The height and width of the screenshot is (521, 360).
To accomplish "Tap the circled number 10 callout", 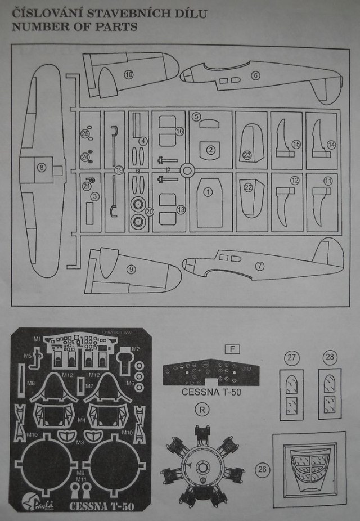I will (129, 74).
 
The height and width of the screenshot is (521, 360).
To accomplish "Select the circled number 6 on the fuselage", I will (255, 75).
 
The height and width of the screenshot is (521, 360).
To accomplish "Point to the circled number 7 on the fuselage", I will (259, 266).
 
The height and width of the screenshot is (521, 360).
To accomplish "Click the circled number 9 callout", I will (131, 270).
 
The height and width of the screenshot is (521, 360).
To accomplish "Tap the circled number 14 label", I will (331, 145).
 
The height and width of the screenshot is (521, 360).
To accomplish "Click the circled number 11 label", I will (328, 181).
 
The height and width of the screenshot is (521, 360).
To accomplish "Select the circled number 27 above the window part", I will (291, 358).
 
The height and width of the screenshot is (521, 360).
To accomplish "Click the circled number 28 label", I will (329, 358).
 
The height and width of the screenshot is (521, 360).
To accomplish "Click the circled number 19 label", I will (118, 170).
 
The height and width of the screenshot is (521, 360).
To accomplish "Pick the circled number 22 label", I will (248, 188).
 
